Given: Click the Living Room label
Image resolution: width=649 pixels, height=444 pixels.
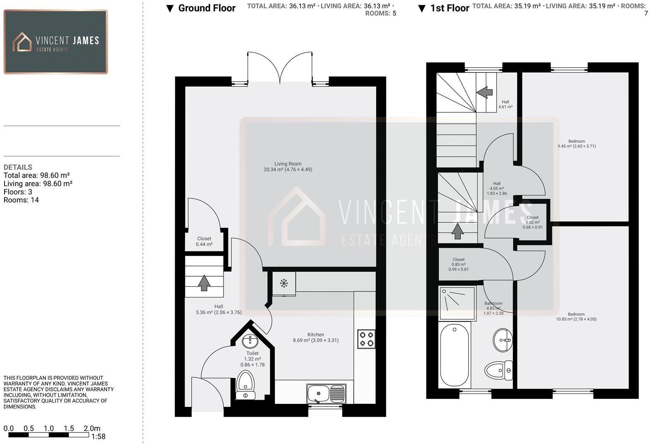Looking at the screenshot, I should (288, 166).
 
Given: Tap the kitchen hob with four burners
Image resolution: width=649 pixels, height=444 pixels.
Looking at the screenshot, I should (366, 339).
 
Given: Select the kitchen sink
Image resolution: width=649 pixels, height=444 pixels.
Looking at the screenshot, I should (326, 393).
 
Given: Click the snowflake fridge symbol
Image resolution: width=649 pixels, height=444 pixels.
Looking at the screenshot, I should (284, 283).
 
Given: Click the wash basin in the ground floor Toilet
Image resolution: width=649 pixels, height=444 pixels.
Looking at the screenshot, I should (250, 342).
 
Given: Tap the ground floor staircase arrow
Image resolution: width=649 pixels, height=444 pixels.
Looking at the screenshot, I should (204, 283).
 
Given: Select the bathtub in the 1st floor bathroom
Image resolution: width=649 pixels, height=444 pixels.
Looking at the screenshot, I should (454, 355).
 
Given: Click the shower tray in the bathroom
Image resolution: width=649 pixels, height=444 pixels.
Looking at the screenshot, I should (457, 303).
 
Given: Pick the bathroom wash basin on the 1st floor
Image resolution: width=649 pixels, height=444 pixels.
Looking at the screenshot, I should (503, 340).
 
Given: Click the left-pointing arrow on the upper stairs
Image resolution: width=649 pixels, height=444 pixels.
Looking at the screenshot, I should (484, 92).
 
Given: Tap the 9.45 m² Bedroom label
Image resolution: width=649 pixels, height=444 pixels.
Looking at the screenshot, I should (577, 144).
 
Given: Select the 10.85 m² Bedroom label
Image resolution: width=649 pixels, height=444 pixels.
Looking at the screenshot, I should (576, 317).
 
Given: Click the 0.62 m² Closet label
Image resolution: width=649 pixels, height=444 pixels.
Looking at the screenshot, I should (533, 222).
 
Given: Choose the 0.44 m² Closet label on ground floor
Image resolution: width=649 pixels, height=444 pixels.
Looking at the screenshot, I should (204, 241).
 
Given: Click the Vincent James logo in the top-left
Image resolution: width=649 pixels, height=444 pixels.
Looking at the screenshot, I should (56, 42).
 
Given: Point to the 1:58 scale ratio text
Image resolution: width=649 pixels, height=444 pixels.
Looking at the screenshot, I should (99, 437).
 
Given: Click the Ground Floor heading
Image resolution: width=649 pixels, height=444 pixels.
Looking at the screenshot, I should (207, 8).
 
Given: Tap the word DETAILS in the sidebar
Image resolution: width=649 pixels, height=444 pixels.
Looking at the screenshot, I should (18, 167).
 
